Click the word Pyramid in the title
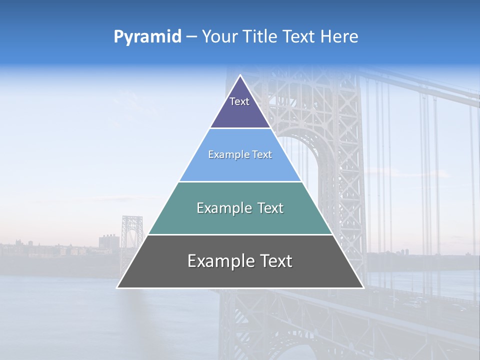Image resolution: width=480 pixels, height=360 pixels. point(147,37)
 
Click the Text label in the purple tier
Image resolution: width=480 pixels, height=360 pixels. point(239,101)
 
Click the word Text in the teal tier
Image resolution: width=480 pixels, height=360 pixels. point(270,208)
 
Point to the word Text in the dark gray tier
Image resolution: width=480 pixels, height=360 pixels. point(275,261)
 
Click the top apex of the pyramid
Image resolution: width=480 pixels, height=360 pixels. point(240,75)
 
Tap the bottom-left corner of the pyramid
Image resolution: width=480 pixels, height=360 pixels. point(117,287)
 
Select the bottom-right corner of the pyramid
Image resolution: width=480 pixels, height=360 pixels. point(363,287)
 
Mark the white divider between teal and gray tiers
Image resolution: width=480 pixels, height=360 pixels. point(240,234)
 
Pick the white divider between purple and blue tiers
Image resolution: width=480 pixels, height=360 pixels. point(240,128)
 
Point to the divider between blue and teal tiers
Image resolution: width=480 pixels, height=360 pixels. point(240,181)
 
